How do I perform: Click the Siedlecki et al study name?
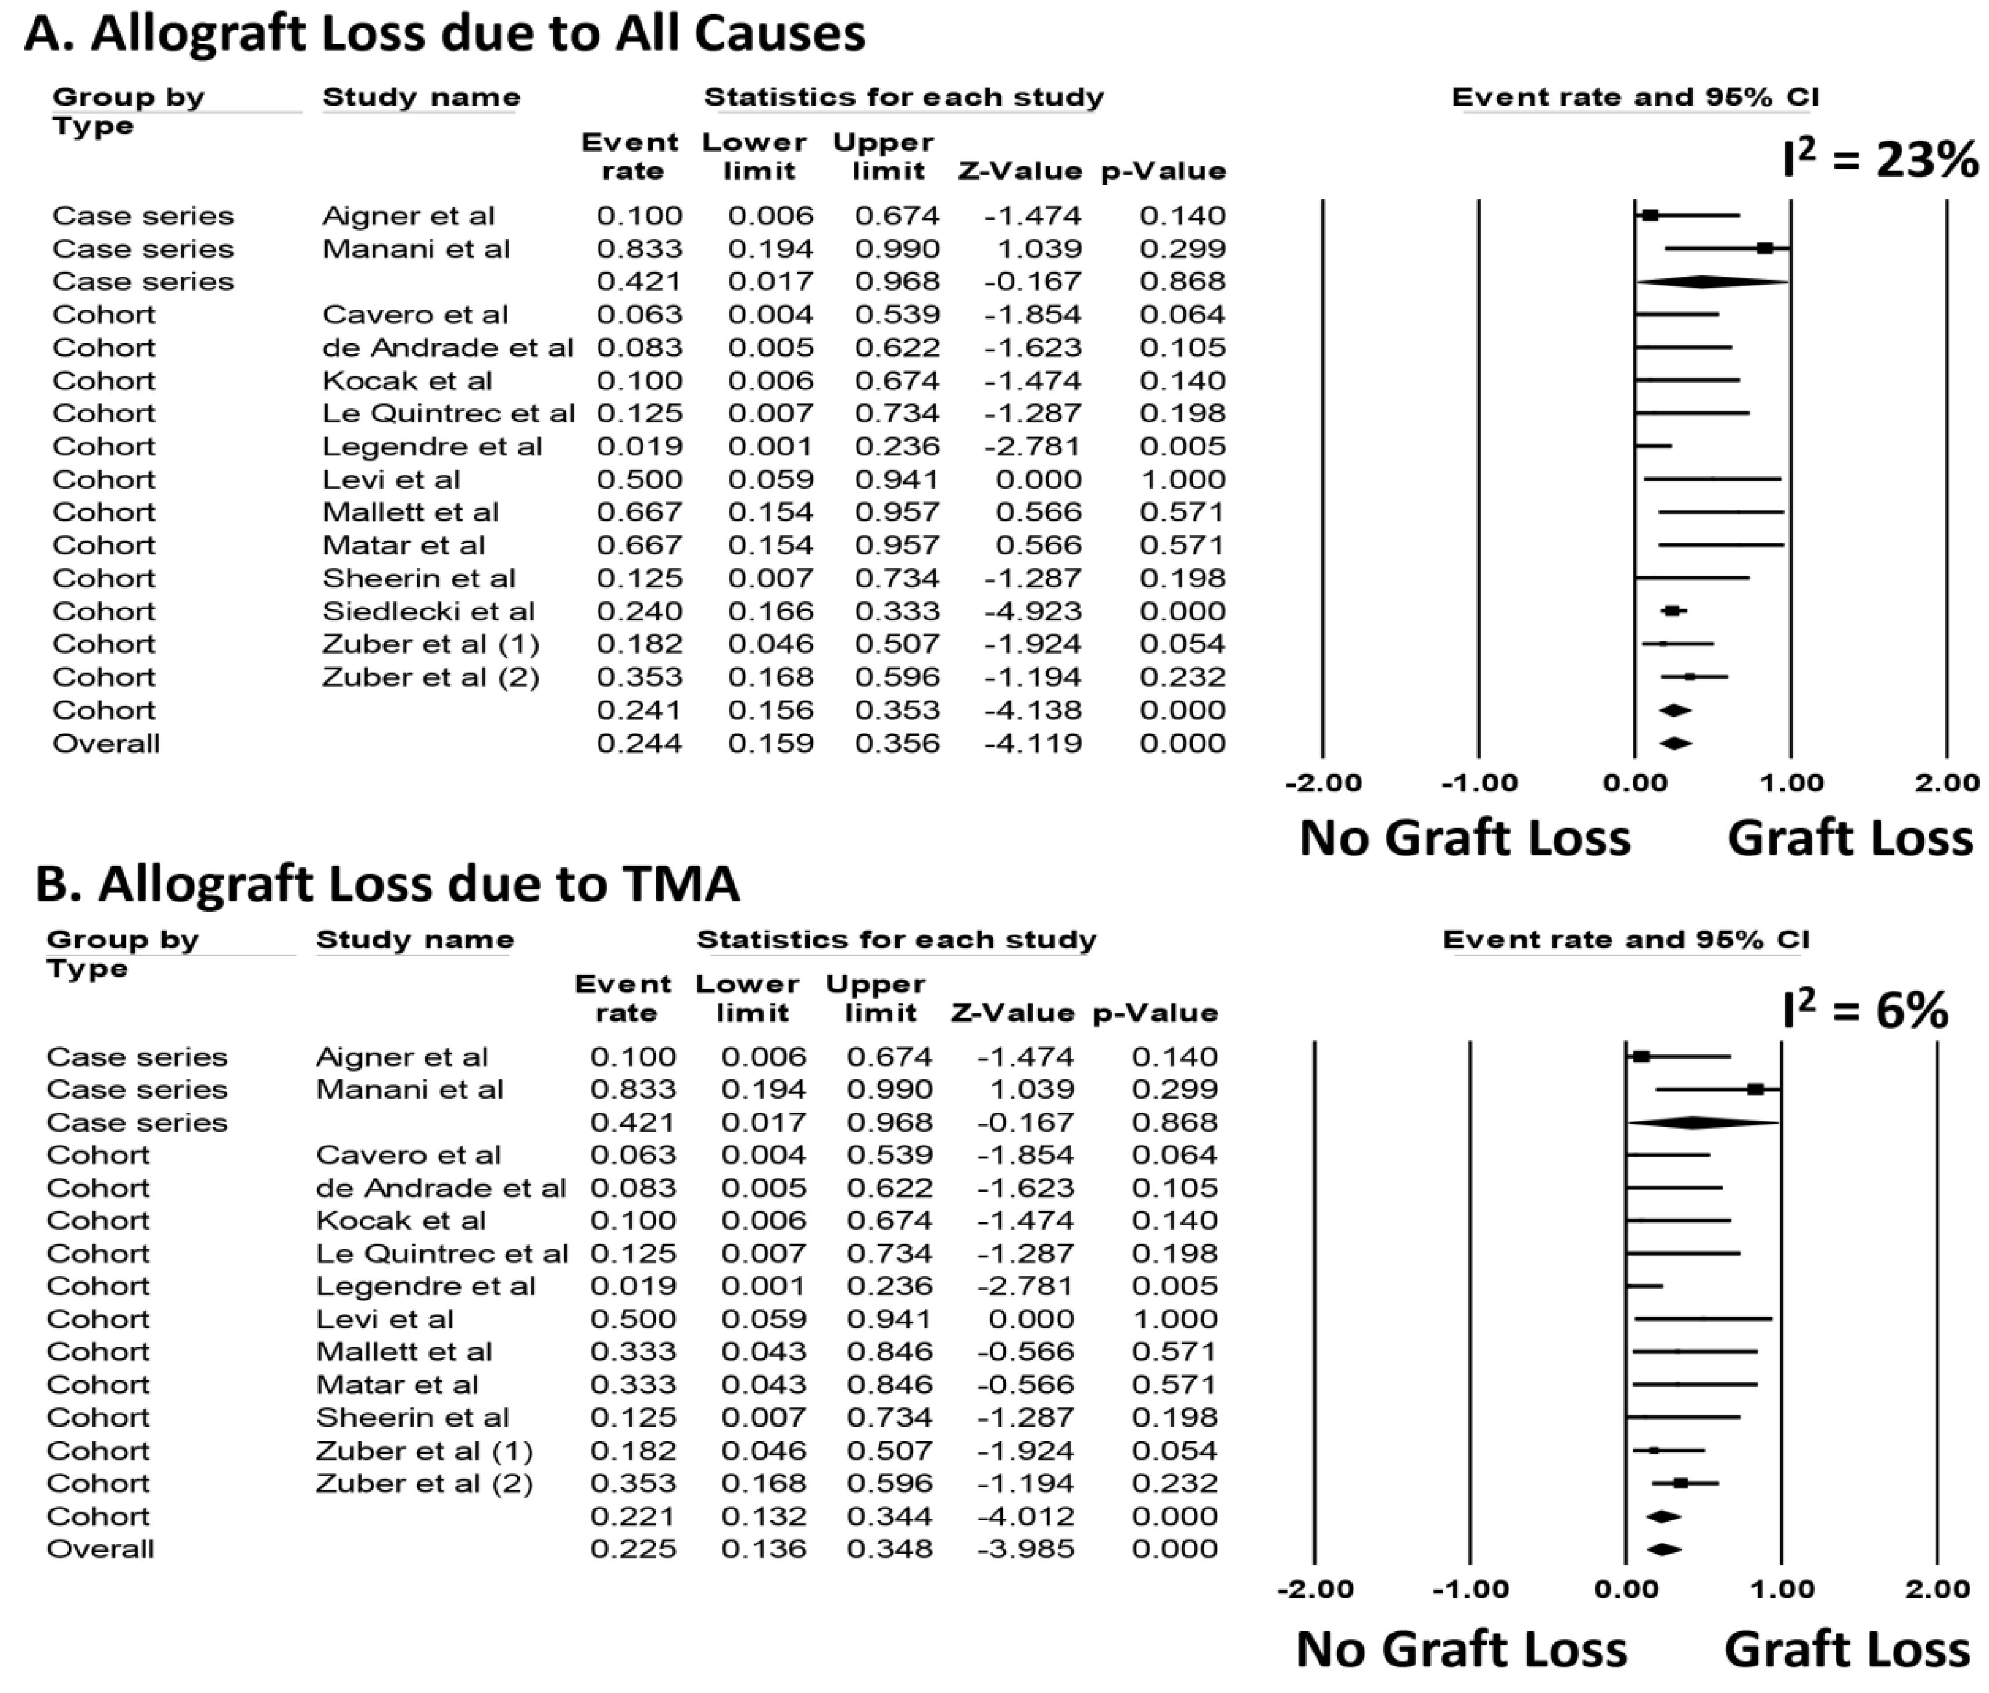[x=428, y=611]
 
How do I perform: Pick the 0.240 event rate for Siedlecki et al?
[x=639, y=611]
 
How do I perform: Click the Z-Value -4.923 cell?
[x=1033, y=611]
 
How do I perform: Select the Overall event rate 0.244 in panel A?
[x=639, y=743]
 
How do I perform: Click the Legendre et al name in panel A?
[x=432, y=446]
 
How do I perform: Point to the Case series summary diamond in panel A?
[x=1702, y=281]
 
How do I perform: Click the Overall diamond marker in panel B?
[x=1664, y=1549]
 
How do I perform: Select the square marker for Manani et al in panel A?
[x=1765, y=249]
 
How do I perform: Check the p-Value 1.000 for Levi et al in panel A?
[x=1183, y=479]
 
